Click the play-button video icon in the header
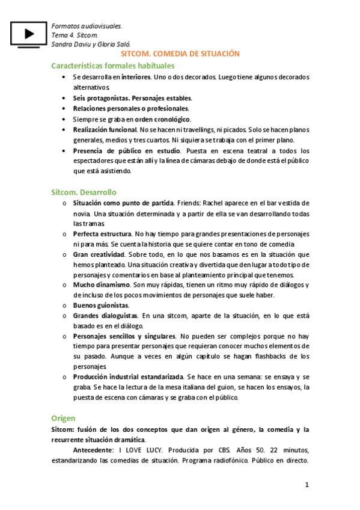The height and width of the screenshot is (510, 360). pyautogui.click(x=29, y=35)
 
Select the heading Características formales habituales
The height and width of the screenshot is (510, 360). pyautogui.click(x=113, y=66)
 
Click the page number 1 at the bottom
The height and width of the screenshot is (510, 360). pyautogui.click(x=307, y=485)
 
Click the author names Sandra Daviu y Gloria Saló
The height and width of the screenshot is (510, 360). pyautogui.click(x=91, y=45)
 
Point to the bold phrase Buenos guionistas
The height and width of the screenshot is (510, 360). pyautogui.click(x=101, y=305)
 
